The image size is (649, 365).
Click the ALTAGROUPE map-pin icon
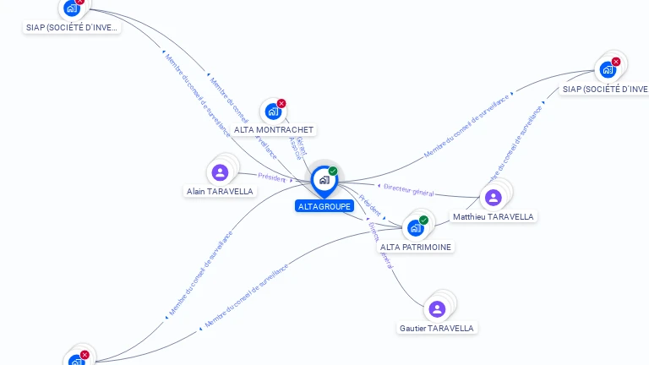click(x=324, y=180)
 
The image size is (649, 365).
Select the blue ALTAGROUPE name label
click(x=324, y=206)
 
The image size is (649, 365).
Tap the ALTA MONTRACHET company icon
click(x=272, y=111)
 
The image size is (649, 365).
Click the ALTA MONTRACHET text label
click(x=274, y=130)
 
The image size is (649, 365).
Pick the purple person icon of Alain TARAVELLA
click(x=221, y=172)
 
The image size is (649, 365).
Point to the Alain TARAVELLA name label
click(x=220, y=192)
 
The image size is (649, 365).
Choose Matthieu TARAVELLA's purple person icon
click(x=494, y=198)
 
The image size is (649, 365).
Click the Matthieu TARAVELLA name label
click(x=494, y=217)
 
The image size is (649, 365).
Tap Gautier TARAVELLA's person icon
click(x=437, y=309)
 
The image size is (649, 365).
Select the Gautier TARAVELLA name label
click(x=437, y=328)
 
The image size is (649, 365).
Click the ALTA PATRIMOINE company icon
click(x=415, y=227)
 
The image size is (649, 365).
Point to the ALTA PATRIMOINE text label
click(x=416, y=248)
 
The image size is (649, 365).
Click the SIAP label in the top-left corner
click(x=73, y=27)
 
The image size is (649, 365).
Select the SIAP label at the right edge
click(x=605, y=89)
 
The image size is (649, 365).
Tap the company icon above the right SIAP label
click(x=608, y=70)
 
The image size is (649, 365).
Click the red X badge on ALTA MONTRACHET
click(x=281, y=103)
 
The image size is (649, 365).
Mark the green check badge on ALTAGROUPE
click(x=333, y=172)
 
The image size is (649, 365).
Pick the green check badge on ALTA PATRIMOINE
click(x=423, y=220)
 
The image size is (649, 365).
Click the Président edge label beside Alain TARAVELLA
click(x=272, y=177)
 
